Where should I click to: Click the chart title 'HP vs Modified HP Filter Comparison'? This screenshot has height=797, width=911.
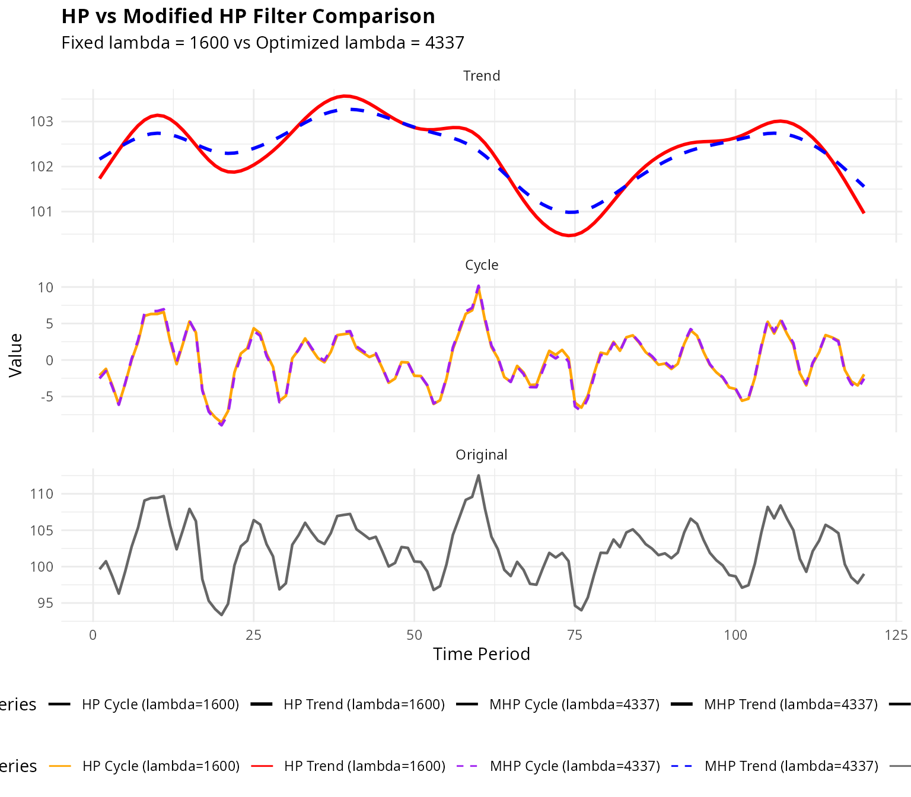tap(248, 17)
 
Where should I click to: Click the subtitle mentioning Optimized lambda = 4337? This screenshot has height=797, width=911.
tap(263, 43)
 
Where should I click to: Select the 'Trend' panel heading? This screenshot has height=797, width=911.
tap(481, 76)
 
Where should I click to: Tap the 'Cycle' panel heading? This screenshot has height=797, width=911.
tap(481, 265)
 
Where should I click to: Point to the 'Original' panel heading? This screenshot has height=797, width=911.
tap(481, 455)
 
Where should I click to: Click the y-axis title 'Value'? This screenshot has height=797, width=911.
tap(16, 355)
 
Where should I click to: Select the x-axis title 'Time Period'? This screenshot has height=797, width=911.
tap(481, 654)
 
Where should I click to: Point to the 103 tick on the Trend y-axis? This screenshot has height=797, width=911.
tap(42, 122)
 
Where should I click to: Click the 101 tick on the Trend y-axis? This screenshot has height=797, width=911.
tap(42, 212)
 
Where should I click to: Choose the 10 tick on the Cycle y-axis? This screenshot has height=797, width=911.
tap(46, 288)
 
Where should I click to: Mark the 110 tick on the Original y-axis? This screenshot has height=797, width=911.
tap(42, 494)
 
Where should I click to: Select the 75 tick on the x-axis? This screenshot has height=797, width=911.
tap(575, 636)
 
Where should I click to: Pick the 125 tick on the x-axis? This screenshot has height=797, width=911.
tap(896, 636)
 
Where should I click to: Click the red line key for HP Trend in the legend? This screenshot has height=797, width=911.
tap(262, 766)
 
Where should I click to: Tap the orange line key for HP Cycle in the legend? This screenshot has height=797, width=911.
tap(60, 766)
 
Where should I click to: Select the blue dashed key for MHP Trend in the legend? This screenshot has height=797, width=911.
tap(682, 766)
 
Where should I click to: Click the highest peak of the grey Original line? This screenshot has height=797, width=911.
tap(479, 475)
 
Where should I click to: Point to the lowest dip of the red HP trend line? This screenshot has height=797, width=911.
tap(569, 235)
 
